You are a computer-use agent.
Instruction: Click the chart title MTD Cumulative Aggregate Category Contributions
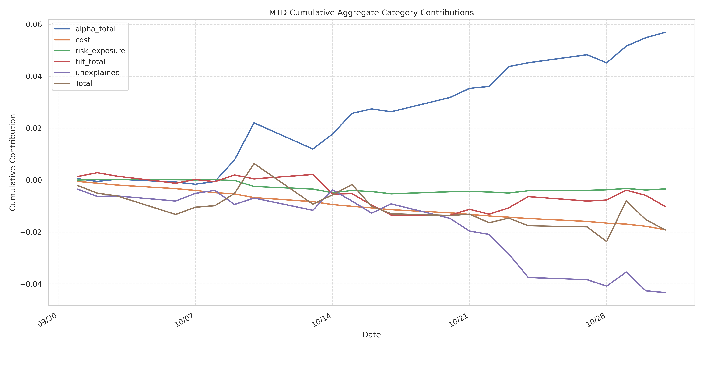(x=371, y=13)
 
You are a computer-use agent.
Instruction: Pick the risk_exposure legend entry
(x=100, y=51)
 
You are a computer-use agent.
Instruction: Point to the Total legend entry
(x=84, y=83)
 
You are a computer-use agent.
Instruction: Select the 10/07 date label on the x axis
(x=184, y=320)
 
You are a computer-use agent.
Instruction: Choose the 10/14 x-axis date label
(x=322, y=320)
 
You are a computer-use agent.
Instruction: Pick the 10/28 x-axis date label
(x=596, y=320)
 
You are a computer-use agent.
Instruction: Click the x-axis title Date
(x=371, y=335)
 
